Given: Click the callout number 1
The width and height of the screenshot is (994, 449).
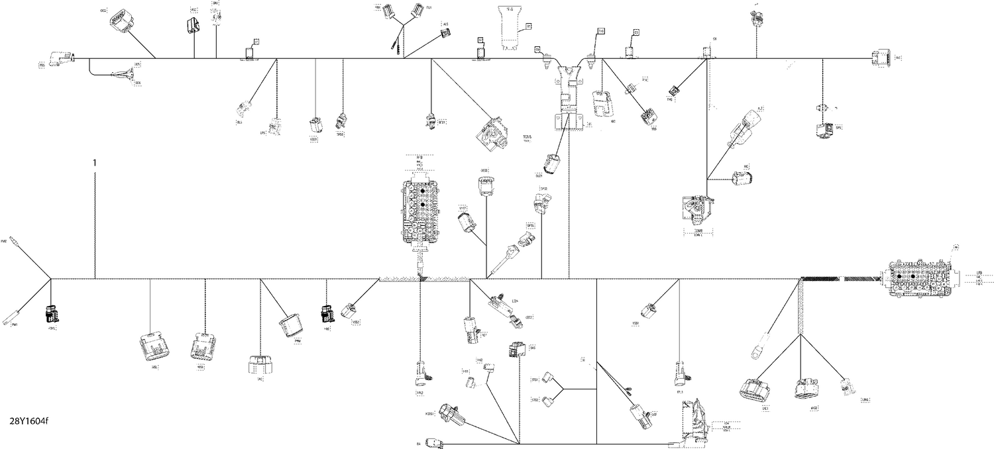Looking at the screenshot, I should click(95, 162).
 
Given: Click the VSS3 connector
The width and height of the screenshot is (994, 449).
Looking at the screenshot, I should click(315, 125).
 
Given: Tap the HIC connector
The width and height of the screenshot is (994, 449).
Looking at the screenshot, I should click(741, 177).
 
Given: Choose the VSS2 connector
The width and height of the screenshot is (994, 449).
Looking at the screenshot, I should click(349, 311).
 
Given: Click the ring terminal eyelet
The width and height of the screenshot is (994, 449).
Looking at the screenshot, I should click(755, 353).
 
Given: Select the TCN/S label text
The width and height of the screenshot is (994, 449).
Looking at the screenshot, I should click(528, 136).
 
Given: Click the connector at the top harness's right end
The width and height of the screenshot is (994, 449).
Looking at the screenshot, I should click(881, 58).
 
